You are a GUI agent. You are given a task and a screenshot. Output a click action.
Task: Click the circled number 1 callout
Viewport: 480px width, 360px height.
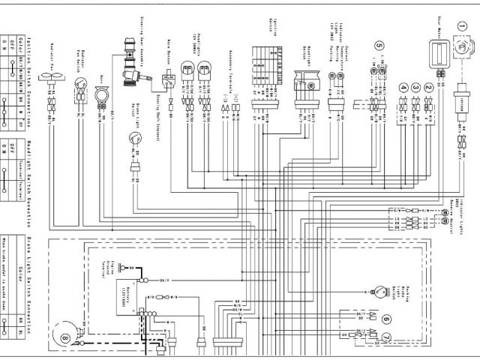click(462, 26)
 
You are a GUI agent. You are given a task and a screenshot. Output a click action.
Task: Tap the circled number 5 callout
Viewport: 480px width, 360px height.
click(379, 55)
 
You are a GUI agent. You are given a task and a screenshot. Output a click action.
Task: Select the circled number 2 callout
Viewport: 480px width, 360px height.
click(428, 87)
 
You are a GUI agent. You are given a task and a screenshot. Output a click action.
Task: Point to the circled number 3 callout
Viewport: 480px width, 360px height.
click(415, 87)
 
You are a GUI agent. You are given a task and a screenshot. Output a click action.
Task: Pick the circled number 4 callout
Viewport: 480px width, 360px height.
click(403, 87)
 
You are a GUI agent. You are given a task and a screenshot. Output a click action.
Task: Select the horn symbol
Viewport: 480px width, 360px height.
click(101, 96)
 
